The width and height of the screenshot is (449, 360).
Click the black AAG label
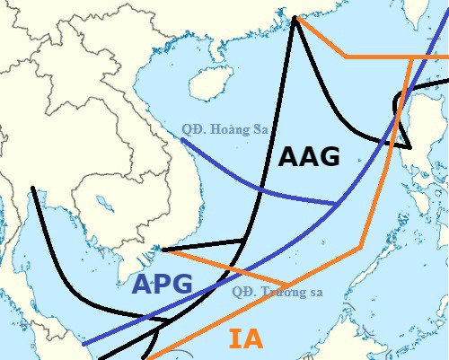point(309,156)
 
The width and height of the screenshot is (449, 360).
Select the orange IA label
point(245,339)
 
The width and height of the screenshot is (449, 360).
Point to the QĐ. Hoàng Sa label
point(224,129)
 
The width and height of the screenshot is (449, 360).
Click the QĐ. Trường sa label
point(276,291)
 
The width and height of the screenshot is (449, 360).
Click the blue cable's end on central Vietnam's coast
point(181,139)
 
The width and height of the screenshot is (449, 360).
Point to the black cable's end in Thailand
point(32,189)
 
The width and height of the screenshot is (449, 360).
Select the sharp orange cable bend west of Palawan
point(361,245)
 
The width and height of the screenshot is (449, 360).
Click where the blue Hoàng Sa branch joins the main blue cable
point(337,205)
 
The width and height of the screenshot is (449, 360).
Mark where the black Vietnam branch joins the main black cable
point(245,240)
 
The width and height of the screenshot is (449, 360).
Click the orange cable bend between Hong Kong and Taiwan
point(347,57)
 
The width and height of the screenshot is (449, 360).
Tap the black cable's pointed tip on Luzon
point(409,146)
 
